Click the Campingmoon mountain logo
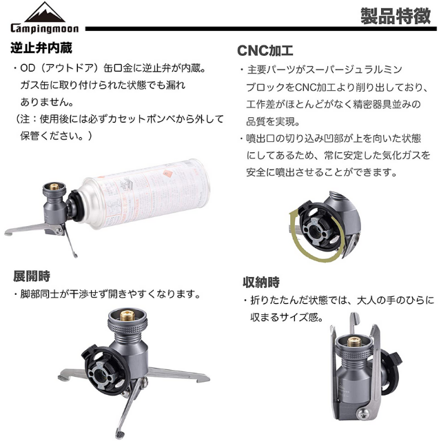[x=45, y=12]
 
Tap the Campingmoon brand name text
[x=45, y=28]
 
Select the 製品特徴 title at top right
[x=396, y=16]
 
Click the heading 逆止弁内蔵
[x=41, y=48]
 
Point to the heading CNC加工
[x=265, y=51]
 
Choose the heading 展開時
[x=32, y=276]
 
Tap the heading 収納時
[x=261, y=283]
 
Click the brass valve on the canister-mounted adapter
[x=54, y=187]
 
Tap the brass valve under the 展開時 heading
[x=127, y=316]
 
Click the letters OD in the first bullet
[x=28, y=68]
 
